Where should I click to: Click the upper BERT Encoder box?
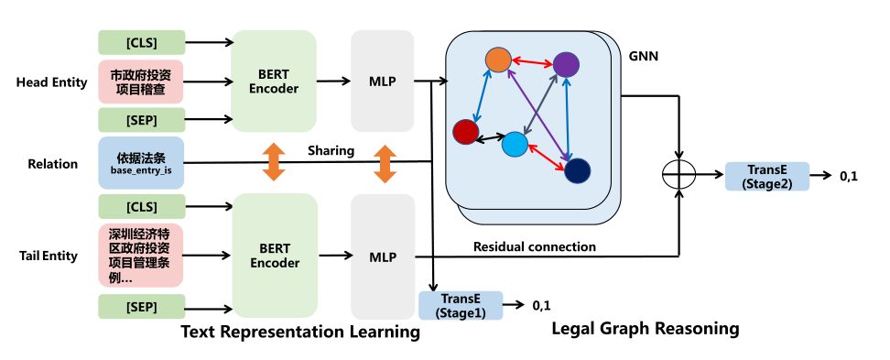[x=275, y=81]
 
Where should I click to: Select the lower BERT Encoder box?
[x=275, y=255]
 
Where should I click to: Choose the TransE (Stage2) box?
[x=766, y=176]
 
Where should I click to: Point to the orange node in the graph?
[x=497, y=60]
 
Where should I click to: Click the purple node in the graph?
[x=566, y=64]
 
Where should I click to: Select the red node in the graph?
[x=466, y=133]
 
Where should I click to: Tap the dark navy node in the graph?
[x=578, y=170]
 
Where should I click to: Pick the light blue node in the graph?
[x=515, y=145]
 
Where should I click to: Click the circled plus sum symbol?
[x=678, y=175]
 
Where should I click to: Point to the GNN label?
[x=644, y=57]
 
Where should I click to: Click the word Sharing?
[x=331, y=150]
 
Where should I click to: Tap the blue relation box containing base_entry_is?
[x=141, y=163]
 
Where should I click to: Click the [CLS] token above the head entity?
[x=141, y=41]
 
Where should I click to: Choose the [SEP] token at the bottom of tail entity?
[x=141, y=304]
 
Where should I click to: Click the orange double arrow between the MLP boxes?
[x=385, y=162]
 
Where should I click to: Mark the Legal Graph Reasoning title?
[x=646, y=327]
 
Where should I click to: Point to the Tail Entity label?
[x=47, y=256]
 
